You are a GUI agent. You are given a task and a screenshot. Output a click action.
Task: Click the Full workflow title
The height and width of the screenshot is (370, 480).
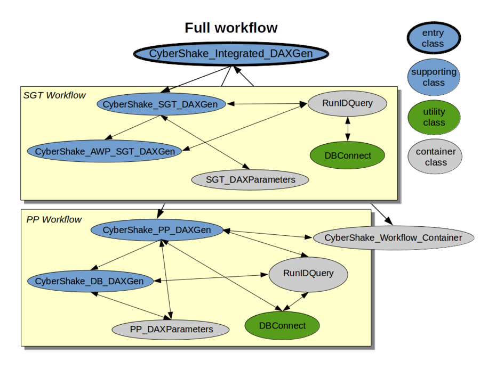coord(231,28)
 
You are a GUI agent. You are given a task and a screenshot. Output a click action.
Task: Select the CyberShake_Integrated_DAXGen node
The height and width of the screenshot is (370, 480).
coord(231,54)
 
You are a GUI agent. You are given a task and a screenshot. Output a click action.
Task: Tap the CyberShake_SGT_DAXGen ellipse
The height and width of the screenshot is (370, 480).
coord(160,104)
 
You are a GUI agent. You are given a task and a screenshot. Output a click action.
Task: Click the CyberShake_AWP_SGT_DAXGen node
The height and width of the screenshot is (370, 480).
coord(105,151)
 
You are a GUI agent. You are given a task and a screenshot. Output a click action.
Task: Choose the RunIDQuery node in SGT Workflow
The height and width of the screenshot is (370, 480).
coord(347,103)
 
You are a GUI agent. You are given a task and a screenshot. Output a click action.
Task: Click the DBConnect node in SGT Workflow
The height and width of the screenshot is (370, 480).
coord(347,155)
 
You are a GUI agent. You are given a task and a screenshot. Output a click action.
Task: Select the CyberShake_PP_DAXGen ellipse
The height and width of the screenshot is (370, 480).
coord(156,230)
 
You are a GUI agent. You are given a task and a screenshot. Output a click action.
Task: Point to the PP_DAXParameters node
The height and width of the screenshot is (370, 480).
coord(171,329)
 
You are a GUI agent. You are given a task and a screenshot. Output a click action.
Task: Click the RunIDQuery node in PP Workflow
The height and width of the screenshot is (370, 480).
coord(308,273)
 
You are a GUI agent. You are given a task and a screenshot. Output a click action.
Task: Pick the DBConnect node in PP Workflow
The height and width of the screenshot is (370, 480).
coord(282,325)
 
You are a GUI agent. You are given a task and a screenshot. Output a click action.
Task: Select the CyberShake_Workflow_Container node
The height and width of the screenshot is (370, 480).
coord(393,237)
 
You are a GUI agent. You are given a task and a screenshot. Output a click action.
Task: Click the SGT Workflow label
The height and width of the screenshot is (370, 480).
coord(54,95)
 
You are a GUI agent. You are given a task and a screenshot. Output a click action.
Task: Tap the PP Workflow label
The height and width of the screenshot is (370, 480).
coord(54,219)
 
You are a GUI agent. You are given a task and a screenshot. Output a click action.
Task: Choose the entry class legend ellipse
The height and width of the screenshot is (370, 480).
coord(433,38)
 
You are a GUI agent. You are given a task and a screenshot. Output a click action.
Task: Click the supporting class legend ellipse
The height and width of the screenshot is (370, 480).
coord(433,77)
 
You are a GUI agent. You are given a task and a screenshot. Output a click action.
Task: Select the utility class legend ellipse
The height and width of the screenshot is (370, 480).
coord(434,117)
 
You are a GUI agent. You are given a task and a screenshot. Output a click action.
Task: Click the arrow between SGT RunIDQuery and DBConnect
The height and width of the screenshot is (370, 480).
coord(348,129)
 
